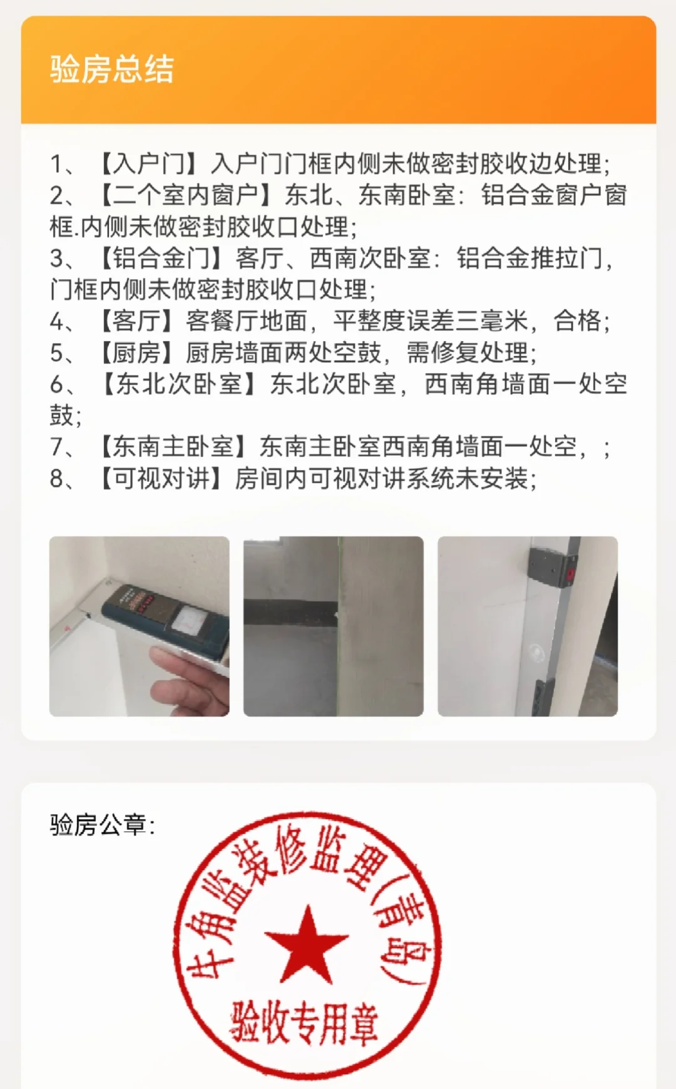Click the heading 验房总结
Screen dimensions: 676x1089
coord(112,69)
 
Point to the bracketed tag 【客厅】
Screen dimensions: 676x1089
coord(136,321)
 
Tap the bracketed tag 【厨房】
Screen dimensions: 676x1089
coord(136,352)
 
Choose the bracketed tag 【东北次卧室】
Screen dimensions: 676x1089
coord(178,384)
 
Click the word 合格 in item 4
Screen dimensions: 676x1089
coord(577,321)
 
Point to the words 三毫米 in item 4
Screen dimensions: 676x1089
coord(491,321)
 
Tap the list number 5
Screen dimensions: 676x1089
coord(57,353)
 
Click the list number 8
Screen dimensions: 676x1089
coord(57,479)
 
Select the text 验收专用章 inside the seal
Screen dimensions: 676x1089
coord(305,1024)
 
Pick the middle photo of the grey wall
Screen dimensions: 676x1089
coord(334,626)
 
